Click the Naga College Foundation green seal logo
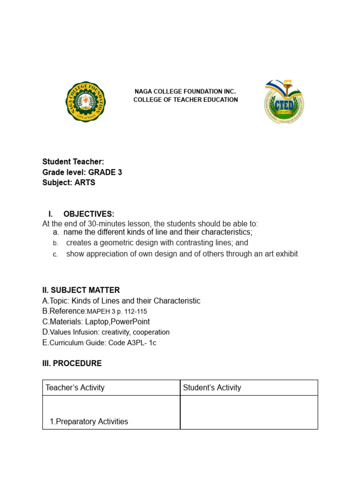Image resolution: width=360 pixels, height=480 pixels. point(86,101)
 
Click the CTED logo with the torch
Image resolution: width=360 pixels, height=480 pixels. point(284,102)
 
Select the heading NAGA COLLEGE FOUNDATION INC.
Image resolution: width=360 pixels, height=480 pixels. point(185,91)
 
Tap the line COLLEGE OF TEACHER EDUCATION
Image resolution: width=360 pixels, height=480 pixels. point(186,100)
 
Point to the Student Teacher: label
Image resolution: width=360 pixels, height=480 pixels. point(73,162)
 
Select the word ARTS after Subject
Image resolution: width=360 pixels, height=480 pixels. point(85,182)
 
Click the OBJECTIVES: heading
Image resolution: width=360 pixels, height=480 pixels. point(89,214)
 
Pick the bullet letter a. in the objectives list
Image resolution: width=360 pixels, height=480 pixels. point(56,232)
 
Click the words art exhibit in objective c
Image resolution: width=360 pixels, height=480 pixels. point(280,254)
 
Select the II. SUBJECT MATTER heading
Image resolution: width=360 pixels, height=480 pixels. point(81,290)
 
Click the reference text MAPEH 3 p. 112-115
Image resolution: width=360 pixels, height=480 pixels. point(120,311)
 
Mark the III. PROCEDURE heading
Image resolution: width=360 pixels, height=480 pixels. point(72,363)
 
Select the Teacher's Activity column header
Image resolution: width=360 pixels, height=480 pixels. point(75,388)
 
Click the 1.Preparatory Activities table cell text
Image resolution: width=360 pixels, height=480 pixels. point(89,421)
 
